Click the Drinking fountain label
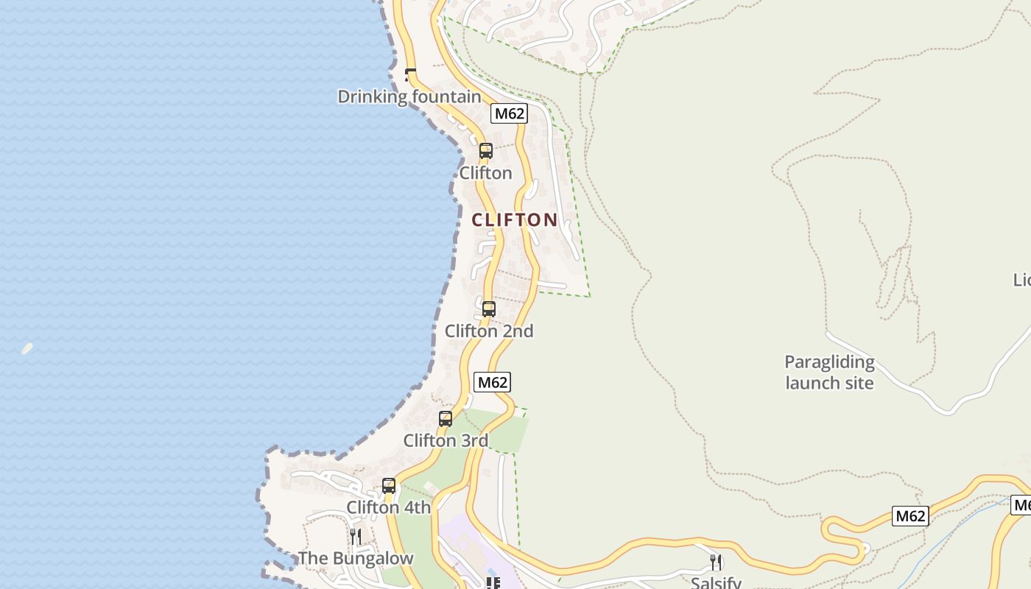point(409,96)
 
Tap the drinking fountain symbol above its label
point(410,74)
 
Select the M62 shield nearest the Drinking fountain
point(510,113)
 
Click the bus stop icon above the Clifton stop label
point(486,151)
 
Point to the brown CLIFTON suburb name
point(515,219)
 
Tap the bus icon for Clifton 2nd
point(489,309)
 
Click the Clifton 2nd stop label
point(489,331)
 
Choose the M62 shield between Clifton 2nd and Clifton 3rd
point(493,382)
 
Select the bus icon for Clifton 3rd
point(446,419)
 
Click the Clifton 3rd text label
point(446,441)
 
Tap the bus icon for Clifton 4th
point(389,486)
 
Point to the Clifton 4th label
point(389,507)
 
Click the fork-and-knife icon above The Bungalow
point(356,536)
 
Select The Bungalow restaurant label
point(356,558)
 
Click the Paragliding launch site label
point(829,373)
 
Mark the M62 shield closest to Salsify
point(910,516)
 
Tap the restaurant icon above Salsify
point(716,562)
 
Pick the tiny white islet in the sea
point(27,348)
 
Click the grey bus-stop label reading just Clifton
point(485,173)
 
